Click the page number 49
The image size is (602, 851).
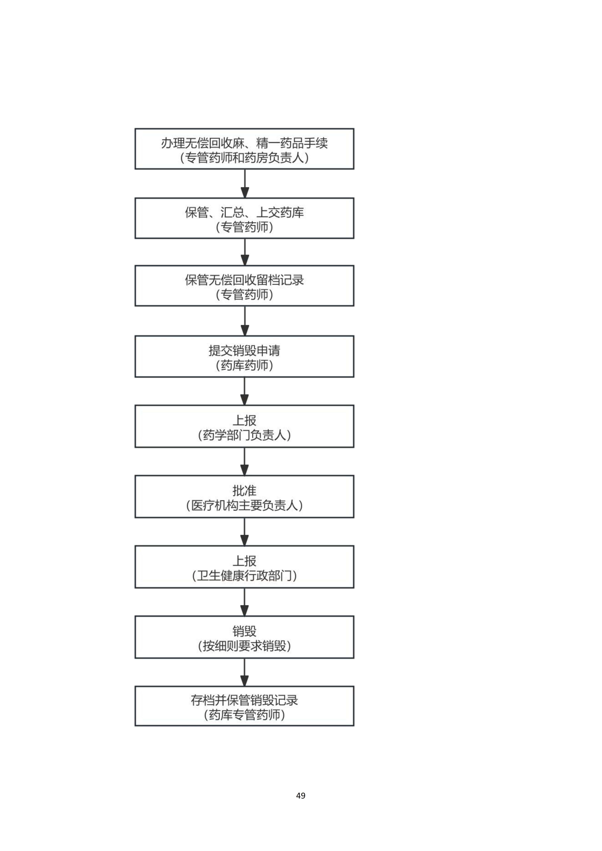pyautogui.click(x=301, y=795)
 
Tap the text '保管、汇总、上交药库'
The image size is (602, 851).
pyautogui.click(x=244, y=212)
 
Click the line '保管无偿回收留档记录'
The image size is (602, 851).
pyautogui.click(x=244, y=280)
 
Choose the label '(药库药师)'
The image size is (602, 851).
pyautogui.click(x=244, y=365)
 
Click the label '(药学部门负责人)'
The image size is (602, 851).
pyautogui.click(x=244, y=435)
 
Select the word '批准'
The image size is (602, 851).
pyautogui.click(x=244, y=491)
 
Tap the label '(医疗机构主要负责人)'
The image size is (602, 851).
pyautogui.click(x=244, y=505)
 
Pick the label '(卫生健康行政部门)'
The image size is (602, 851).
pyautogui.click(x=244, y=576)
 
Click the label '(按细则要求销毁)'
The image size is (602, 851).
pyautogui.click(x=244, y=646)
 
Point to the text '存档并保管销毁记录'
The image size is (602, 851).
pyautogui.click(x=244, y=700)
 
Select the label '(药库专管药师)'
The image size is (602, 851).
pyautogui.click(x=244, y=715)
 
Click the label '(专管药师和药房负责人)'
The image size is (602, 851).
pyautogui.click(x=244, y=158)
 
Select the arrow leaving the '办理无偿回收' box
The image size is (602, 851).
pyautogui.click(x=244, y=183)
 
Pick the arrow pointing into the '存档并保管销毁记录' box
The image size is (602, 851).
pyautogui.click(x=244, y=672)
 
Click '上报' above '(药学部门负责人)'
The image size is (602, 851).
pyautogui.click(x=244, y=420)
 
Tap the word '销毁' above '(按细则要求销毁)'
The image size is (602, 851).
pyautogui.click(x=244, y=631)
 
